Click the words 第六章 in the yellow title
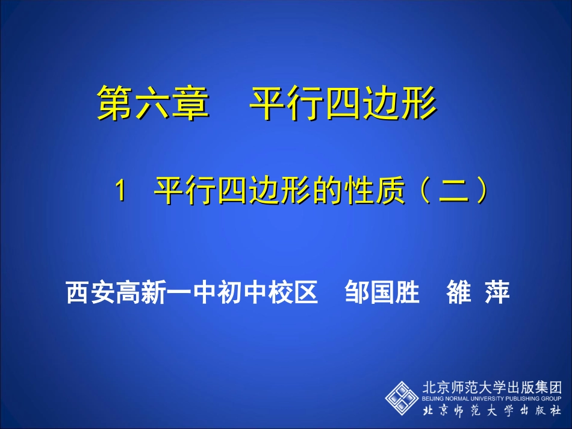tap(153, 102)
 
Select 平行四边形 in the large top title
tap(343, 102)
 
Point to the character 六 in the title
tap(153, 102)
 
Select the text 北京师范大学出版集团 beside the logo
tap(491, 387)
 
